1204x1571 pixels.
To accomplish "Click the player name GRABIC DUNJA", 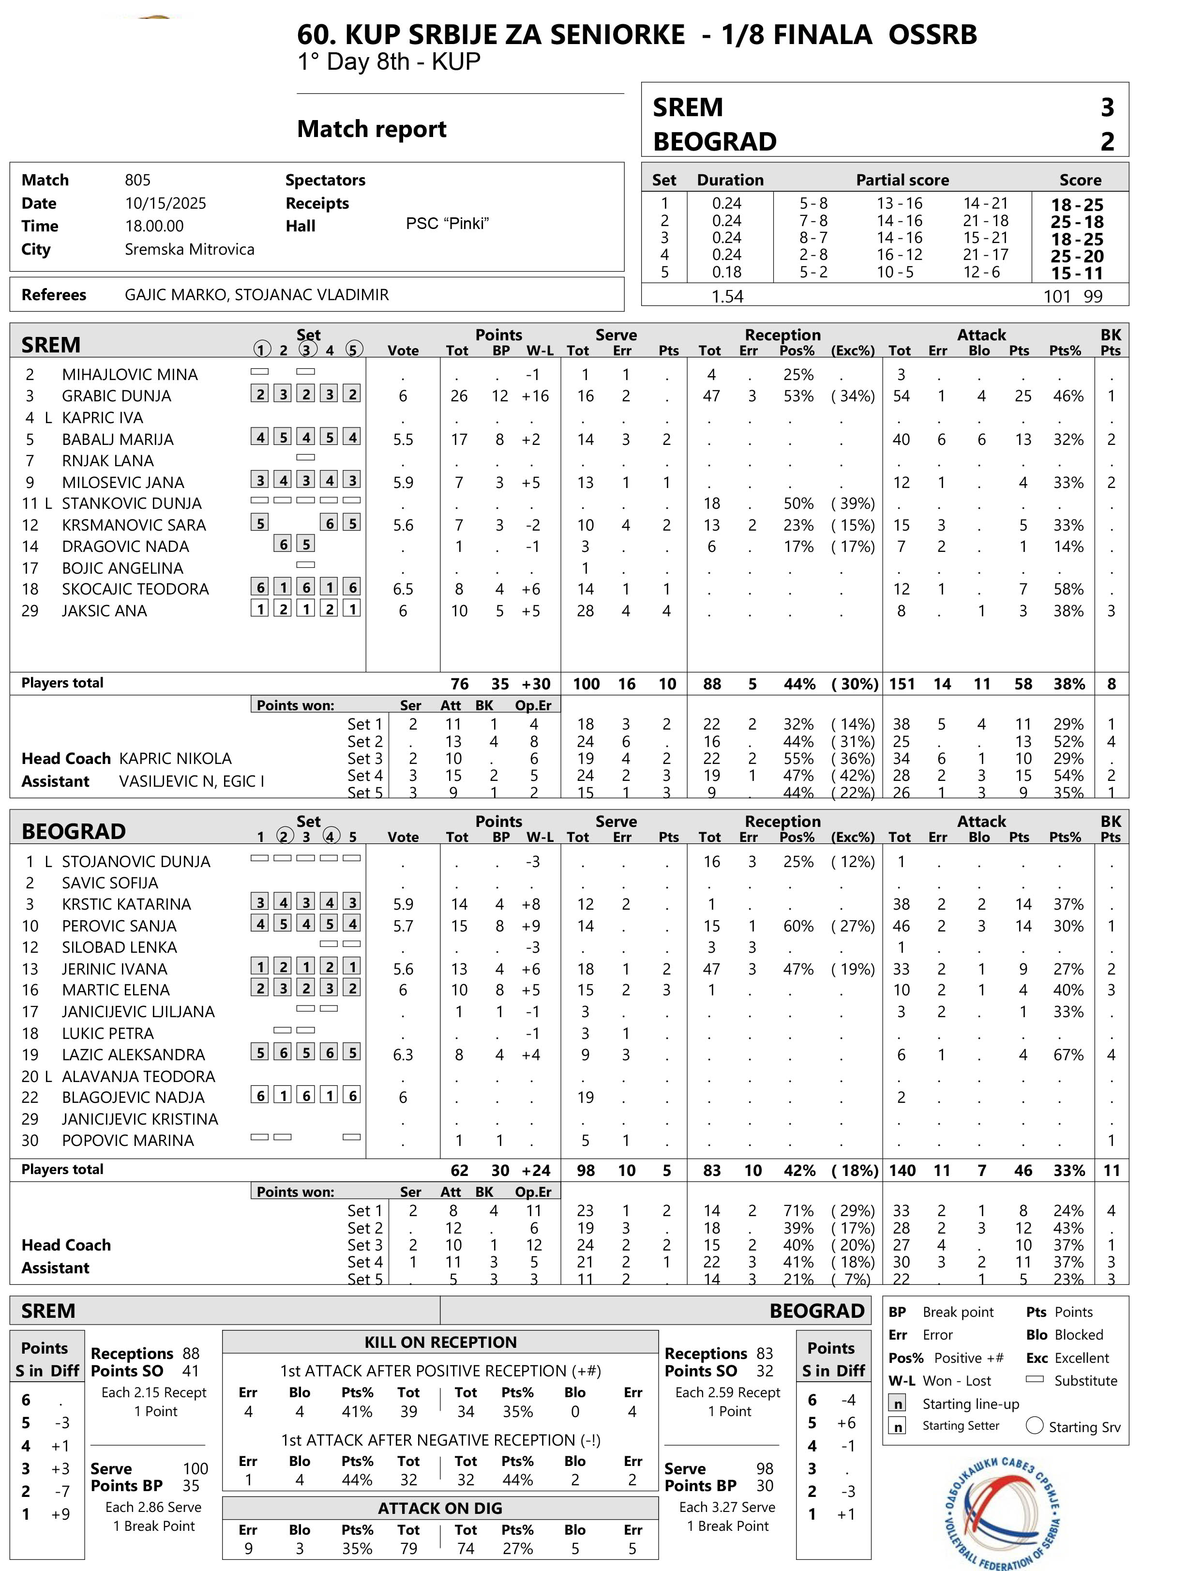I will point(116,396).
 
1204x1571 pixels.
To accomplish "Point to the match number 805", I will point(137,180).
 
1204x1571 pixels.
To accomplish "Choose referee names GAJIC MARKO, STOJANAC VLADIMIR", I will point(256,295).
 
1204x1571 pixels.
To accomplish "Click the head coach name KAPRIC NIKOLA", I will point(176,759).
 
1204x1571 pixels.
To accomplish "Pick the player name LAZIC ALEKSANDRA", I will point(133,1055).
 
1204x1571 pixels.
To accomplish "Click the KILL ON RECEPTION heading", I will point(440,1342).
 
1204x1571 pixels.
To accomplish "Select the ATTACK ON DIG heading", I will point(440,1508).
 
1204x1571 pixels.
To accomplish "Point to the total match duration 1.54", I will point(727,296).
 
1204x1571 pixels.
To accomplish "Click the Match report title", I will point(371,129).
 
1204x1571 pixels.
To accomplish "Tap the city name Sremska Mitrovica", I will point(189,249).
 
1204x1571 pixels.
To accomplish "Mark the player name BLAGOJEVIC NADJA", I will point(133,1097).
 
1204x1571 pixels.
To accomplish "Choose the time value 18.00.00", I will point(154,226).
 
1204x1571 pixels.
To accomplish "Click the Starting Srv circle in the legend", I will point(1034,1425).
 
